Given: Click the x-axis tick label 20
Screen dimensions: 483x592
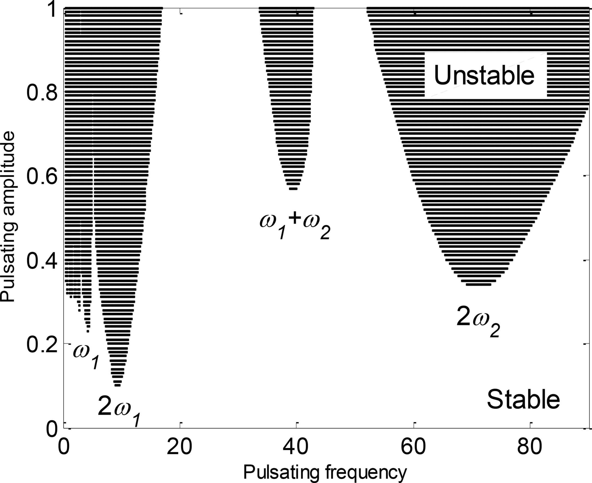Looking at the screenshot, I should (180, 447).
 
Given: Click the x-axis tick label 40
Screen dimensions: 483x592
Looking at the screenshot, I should (296, 447).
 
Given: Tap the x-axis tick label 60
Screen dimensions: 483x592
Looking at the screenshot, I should (413, 447).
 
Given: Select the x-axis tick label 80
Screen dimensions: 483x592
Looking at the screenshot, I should (530, 447).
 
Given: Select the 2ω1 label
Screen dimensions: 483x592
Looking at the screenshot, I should (119, 410).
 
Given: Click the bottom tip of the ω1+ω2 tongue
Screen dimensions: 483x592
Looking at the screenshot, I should (293, 189).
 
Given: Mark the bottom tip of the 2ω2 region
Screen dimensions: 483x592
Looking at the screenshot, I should (478, 284).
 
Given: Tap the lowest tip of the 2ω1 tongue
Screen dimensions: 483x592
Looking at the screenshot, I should (117, 385).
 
